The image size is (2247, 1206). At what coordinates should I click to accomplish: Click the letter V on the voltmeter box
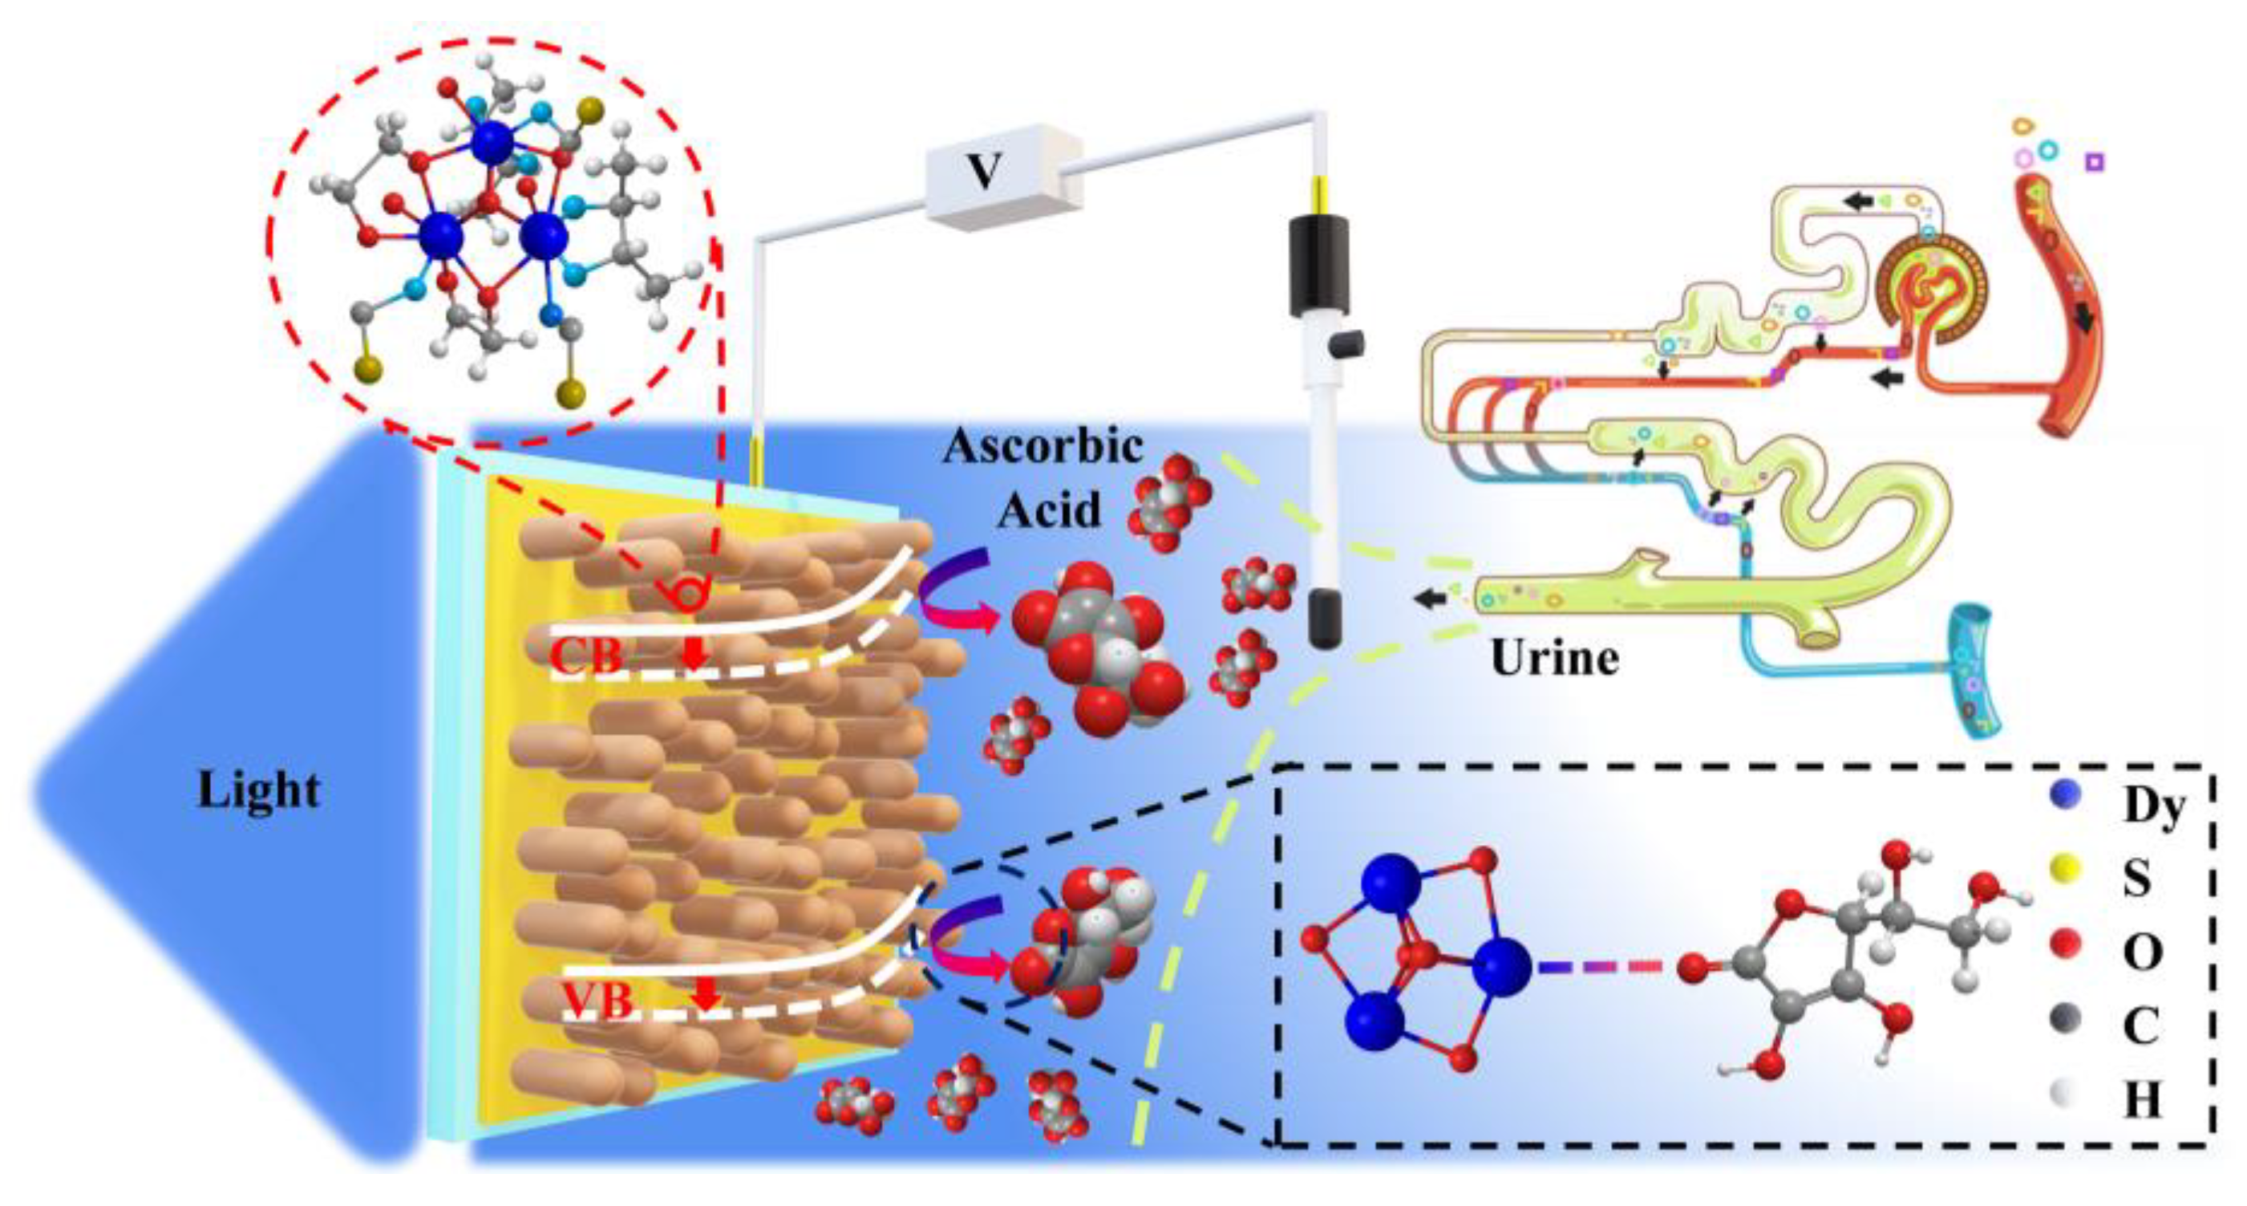point(985,173)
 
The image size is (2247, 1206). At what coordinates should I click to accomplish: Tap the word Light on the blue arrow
point(259,790)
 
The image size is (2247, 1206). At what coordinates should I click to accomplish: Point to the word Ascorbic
point(1043,447)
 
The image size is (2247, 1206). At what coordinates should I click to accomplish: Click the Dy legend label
point(2154,806)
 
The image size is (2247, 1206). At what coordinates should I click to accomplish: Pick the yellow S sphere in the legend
point(2065,868)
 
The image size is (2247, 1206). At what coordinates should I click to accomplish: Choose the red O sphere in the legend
point(2065,944)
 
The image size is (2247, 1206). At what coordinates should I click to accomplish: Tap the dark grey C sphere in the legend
point(2065,1018)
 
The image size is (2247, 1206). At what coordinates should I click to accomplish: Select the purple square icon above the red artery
point(2095,162)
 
